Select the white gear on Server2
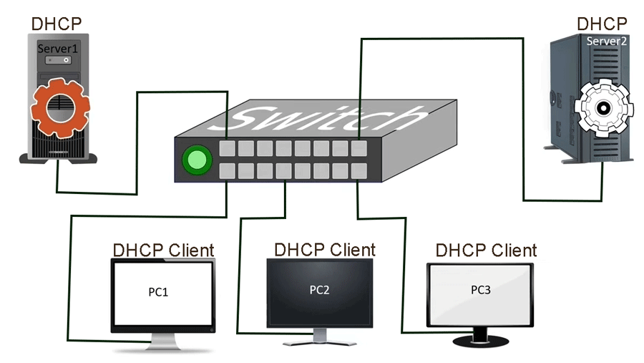(601, 108)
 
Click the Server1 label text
(57, 49)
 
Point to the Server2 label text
(606, 42)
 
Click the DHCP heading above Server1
(57, 23)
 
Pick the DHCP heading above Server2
(602, 24)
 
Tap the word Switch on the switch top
(322, 118)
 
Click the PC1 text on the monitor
(162, 292)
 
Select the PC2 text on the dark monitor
(319, 290)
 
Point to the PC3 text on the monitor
(480, 290)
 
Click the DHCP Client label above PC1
(163, 251)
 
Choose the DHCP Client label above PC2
(324, 250)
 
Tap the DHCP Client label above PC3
(486, 251)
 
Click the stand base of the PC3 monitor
(480, 343)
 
